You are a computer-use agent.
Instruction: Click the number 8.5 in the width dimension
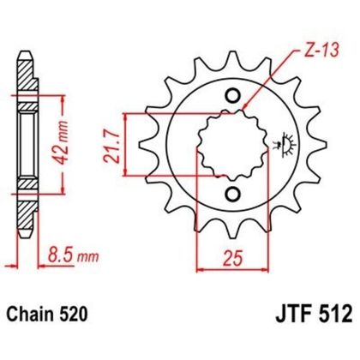pos(56,253)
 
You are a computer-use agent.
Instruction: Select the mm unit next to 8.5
pos(86,253)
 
